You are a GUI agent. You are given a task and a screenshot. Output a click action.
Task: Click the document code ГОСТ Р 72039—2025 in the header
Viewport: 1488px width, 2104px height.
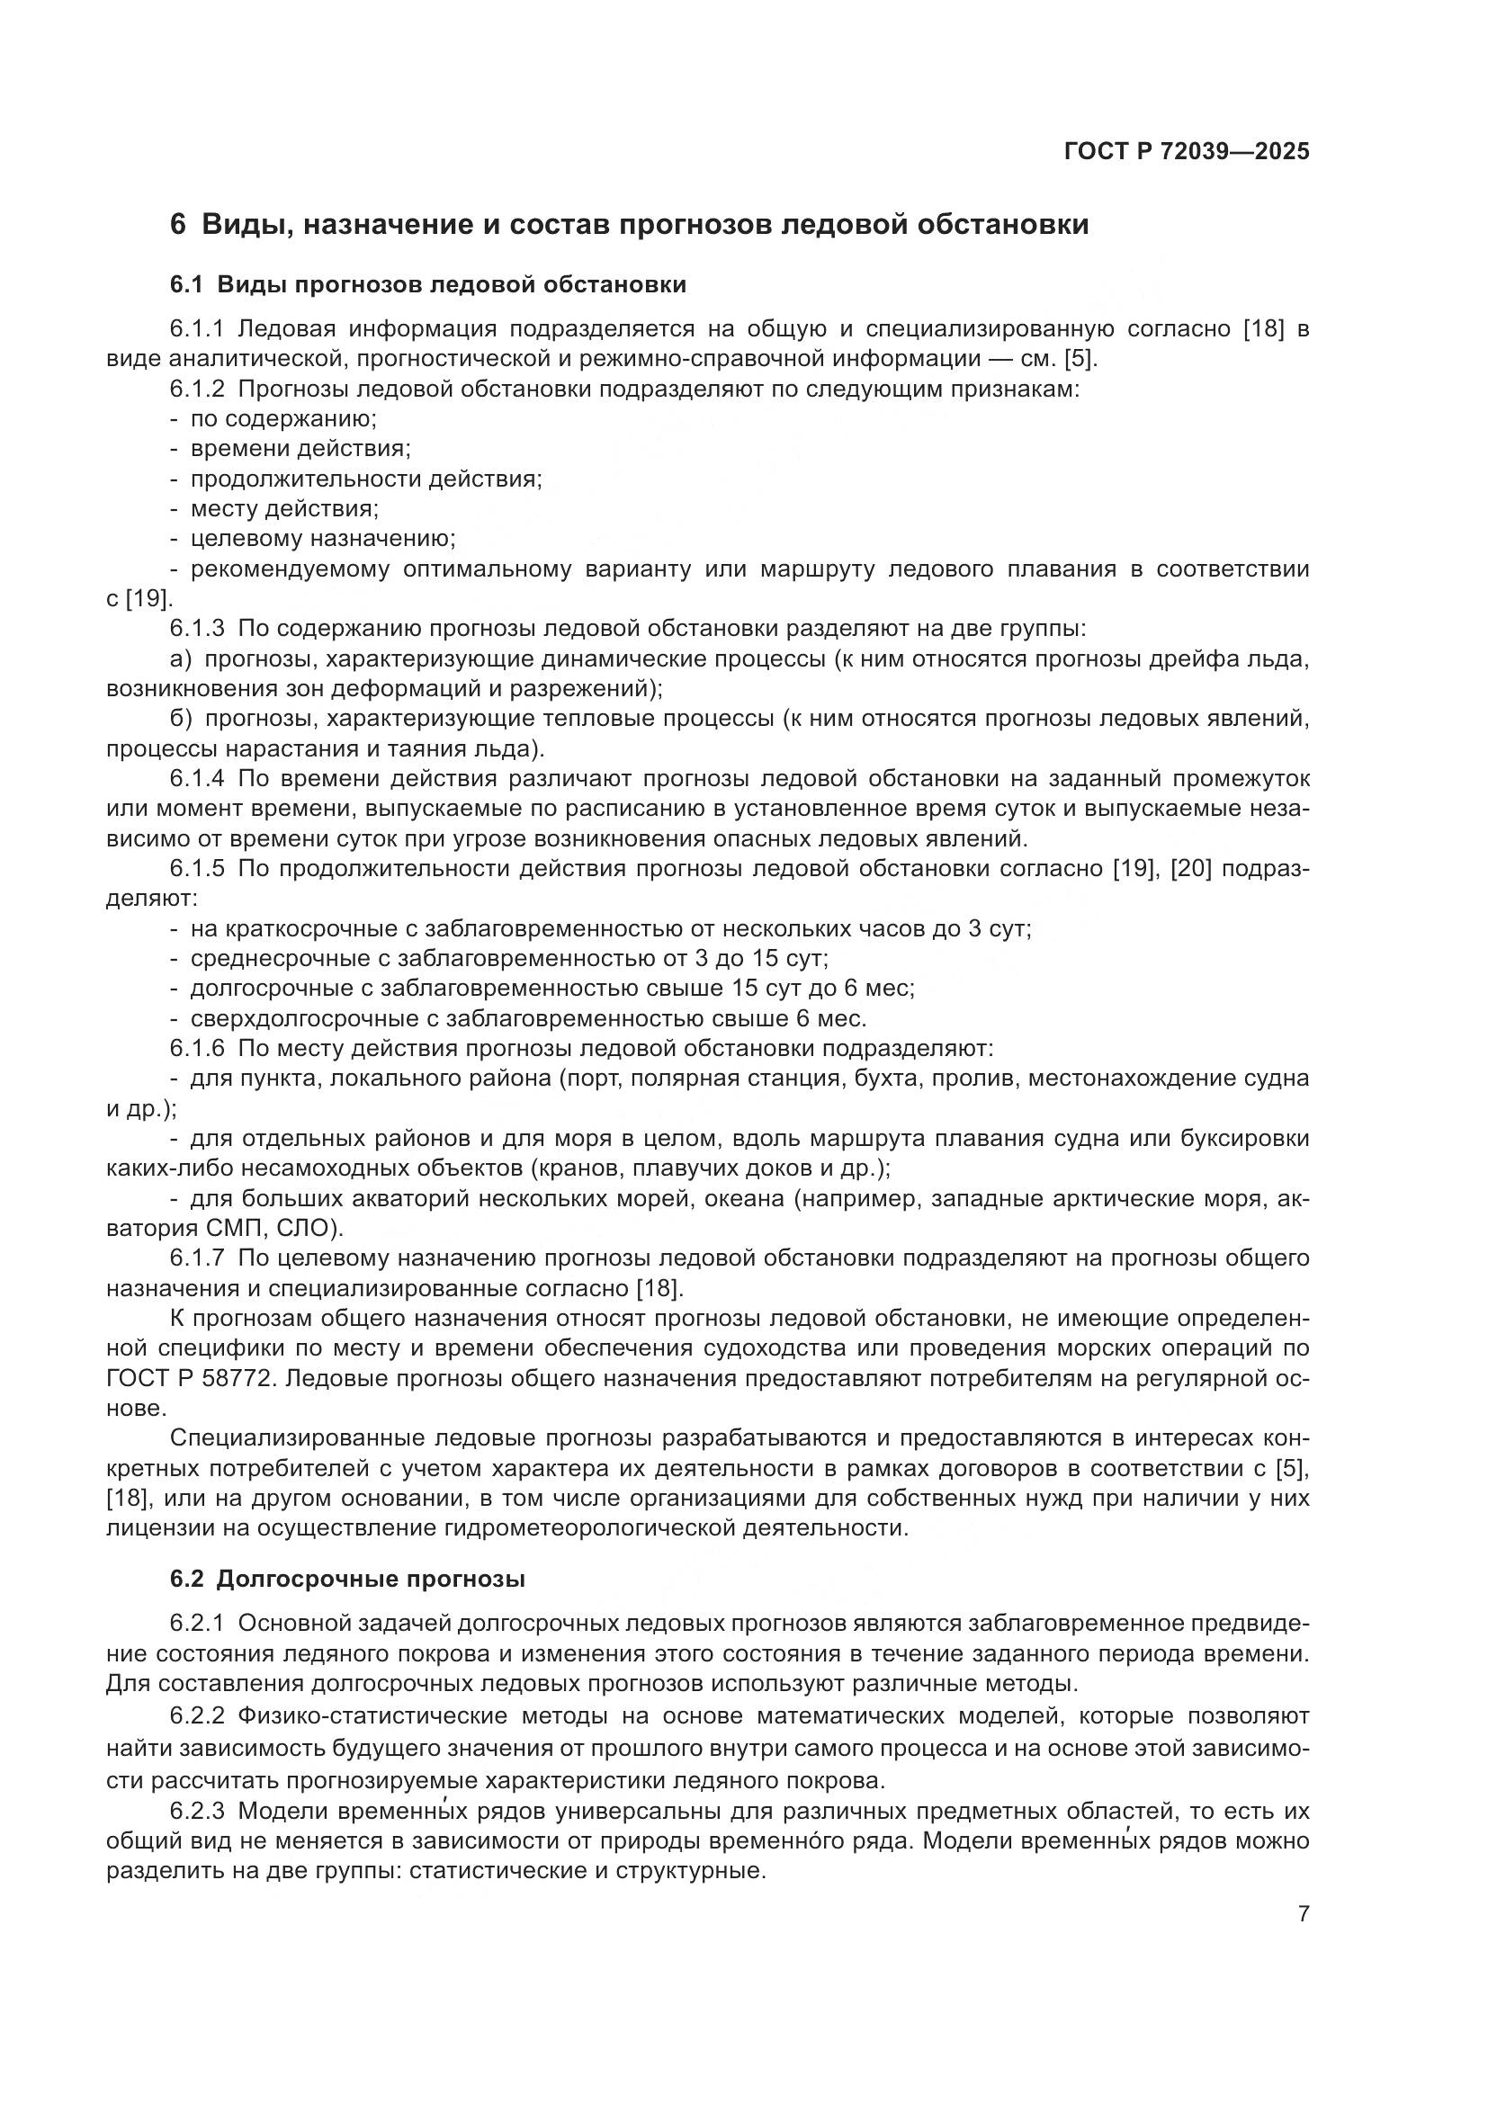[x=1187, y=152]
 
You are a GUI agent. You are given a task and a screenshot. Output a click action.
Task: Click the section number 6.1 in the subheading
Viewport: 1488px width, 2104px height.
[x=185, y=285]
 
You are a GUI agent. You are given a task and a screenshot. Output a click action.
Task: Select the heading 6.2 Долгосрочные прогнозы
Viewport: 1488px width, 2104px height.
[x=347, y=1580]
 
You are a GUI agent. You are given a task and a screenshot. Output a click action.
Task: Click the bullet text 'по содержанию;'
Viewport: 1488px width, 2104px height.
[x=284, y=419]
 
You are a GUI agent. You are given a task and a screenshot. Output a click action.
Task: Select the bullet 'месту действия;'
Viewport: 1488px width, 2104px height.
[x=284, y=508]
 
